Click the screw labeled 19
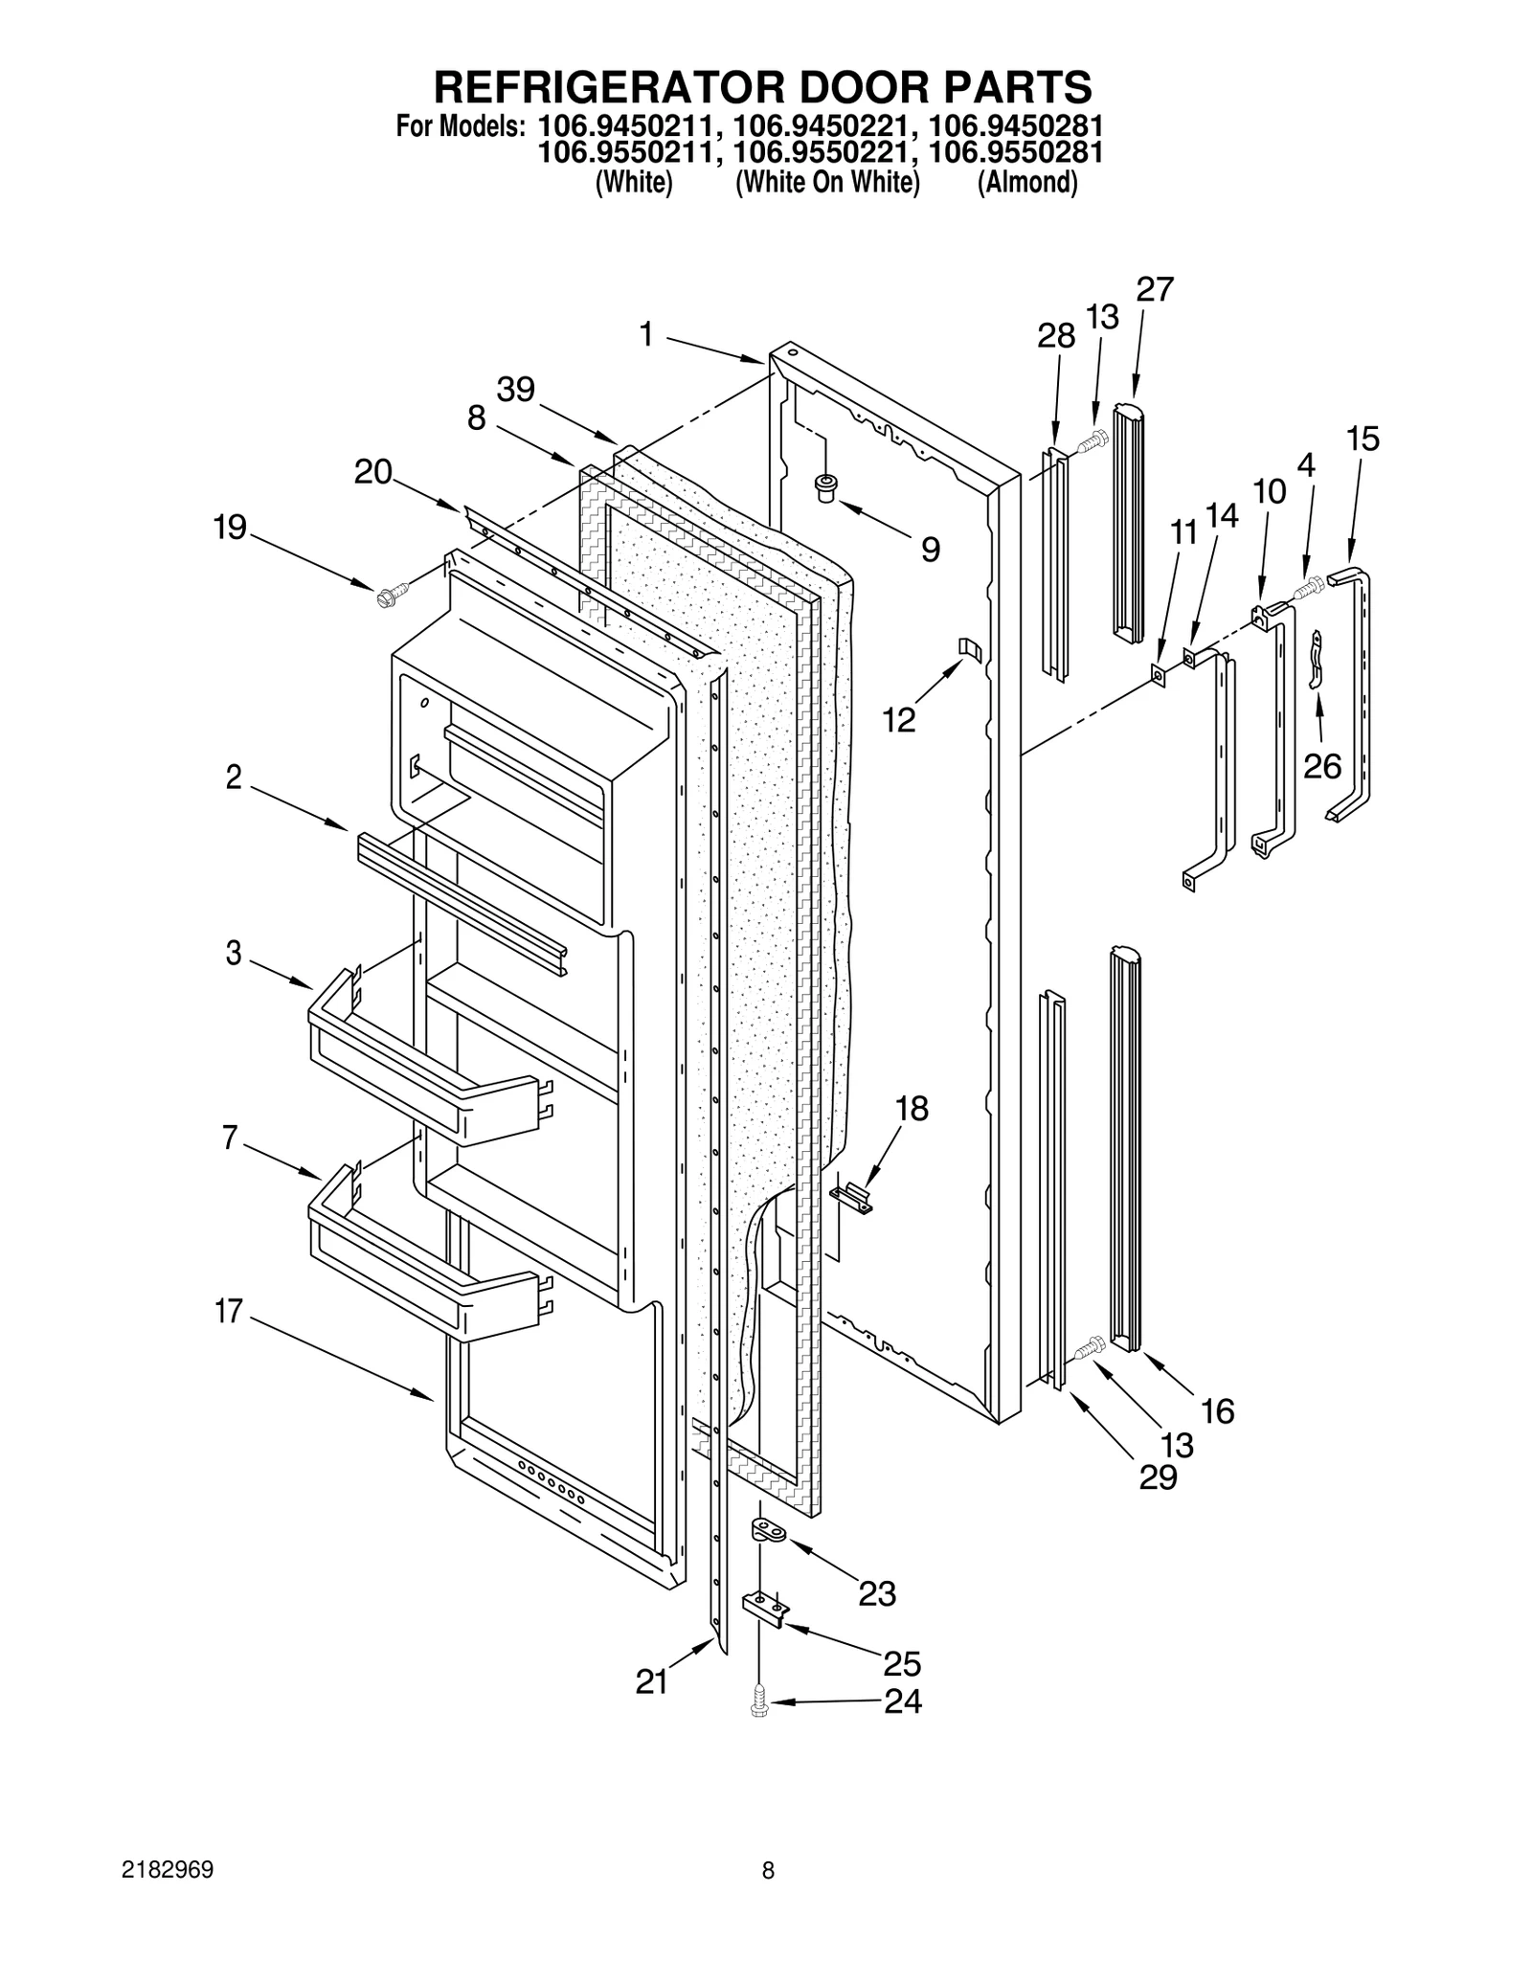(392, 595)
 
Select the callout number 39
(515, 391)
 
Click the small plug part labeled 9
(823, 487)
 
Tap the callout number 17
(229, 1311)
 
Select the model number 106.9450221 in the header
(818, 125)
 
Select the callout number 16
(1217, 1410)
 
